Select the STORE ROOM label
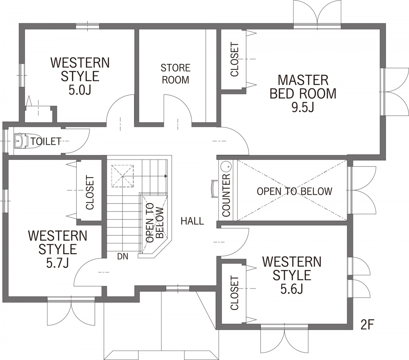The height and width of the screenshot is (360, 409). tap(176, 74)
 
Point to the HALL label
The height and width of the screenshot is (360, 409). tap(192, 221)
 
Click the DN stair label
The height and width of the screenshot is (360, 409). tap(123, 256)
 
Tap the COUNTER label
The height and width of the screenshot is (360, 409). tap(226, 195)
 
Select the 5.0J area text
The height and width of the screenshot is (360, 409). tap(80, 90)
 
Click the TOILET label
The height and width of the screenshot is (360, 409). tap(46, 141)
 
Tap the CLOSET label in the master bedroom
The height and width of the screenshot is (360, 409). tap(234, 59)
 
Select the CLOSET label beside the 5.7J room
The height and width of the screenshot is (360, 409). tap(90, 193)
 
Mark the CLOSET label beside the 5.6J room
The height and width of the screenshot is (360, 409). tap(234, 293)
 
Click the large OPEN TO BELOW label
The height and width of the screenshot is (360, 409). tap(294, 191)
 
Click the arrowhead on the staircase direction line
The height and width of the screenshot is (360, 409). tap(166, 176)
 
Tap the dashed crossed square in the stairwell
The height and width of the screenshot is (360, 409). tap(123, 176)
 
